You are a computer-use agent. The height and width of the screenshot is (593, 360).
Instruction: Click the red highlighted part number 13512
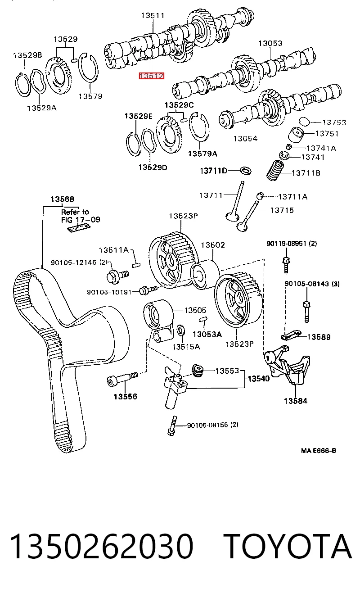(x=152, y=76)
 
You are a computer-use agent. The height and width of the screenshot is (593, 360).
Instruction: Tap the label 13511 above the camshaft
(x=153, y=16)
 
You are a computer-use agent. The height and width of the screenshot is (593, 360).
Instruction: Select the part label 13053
(x=270, y=43)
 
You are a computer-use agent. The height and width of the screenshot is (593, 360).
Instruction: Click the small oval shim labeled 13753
(x=304, y=121)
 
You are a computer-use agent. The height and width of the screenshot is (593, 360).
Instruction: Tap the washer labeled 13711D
(x=246, y=171)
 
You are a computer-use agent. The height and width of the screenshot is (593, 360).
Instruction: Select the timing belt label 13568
(x=63, y=199)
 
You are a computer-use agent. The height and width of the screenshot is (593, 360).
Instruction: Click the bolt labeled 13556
(x=122, y=379)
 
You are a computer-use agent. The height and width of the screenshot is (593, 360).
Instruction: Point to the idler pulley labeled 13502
(x=205, y=275)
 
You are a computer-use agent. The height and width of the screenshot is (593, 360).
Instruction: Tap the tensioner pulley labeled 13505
(x=158, y=320)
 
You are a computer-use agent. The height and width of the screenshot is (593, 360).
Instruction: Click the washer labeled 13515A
(x=180, y=330)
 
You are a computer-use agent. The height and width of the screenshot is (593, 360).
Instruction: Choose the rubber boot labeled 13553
(x=198, y=370)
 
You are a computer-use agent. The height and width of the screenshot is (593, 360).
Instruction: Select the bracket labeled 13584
(x=287, y=365)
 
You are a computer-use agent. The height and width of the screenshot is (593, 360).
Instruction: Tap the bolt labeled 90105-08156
(x=172, y=426)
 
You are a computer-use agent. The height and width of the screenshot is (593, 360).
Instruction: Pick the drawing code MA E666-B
(x=318, y=450)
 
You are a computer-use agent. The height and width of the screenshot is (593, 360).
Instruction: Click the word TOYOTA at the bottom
(x=289, y=547)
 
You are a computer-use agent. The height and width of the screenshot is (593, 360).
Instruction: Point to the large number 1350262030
(x=101, y=547)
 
